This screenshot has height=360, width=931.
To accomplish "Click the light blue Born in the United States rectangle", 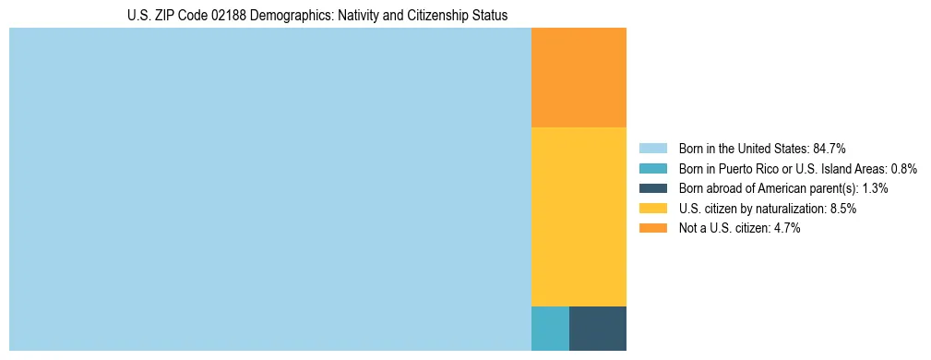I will pos(270,189).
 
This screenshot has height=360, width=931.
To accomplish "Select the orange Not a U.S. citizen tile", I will pos(579,78).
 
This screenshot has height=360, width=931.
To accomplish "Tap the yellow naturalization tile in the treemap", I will pos(579,216).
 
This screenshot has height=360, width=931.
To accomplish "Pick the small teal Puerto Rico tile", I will pos(550,328).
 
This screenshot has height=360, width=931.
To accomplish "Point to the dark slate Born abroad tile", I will pos(597,328).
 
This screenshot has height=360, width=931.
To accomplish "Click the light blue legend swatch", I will pos(652,148).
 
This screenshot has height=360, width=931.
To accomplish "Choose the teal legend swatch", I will pos(652,168).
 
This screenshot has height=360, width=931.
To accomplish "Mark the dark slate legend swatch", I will pos(652,188).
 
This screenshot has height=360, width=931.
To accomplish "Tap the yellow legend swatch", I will pos(652,209).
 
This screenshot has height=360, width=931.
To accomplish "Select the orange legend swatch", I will pos(652,229).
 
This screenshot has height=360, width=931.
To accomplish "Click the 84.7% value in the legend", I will pos(830,148).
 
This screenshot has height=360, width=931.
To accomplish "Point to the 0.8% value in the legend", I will pos(903,168).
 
